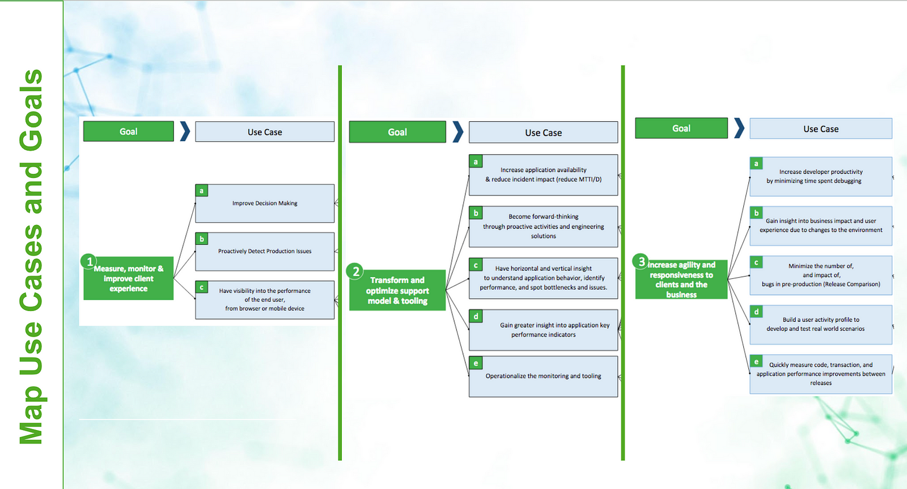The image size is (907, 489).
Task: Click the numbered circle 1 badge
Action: tap(89, 261)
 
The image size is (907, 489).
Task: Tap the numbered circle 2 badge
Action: tap(355, 271)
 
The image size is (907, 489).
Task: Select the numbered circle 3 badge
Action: tap(641, 261)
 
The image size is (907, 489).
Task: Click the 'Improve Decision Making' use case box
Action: tap(265, 203)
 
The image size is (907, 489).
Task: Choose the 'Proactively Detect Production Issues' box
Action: tap(265, 252)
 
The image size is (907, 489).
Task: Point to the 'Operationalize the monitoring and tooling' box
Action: tap(543, 376)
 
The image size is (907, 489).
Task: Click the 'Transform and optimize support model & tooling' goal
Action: tap(397, 290)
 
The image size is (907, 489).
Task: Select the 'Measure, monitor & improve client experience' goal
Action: tap(129, 279)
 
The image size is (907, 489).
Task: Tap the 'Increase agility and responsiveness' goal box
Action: tap(681, 279)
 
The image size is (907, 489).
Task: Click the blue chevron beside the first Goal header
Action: tap(185, 131)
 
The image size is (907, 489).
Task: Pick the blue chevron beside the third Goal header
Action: tap(739, 128)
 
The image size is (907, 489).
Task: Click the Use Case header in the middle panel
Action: tap(543, 133)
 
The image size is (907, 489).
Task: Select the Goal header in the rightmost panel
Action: tap(681, 129)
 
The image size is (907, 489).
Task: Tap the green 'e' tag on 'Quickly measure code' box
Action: tap(756, 362)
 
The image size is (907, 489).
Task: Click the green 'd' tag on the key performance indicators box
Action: tap(476, 316)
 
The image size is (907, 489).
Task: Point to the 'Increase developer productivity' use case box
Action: tap(820, 177)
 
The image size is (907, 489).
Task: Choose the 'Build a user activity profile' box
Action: tap(820, 325)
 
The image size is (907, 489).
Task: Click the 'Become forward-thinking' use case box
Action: tap(543, 227)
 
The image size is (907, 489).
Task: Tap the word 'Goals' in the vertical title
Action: tap(31, 110)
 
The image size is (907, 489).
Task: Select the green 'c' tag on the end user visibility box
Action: tap(202, 287)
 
